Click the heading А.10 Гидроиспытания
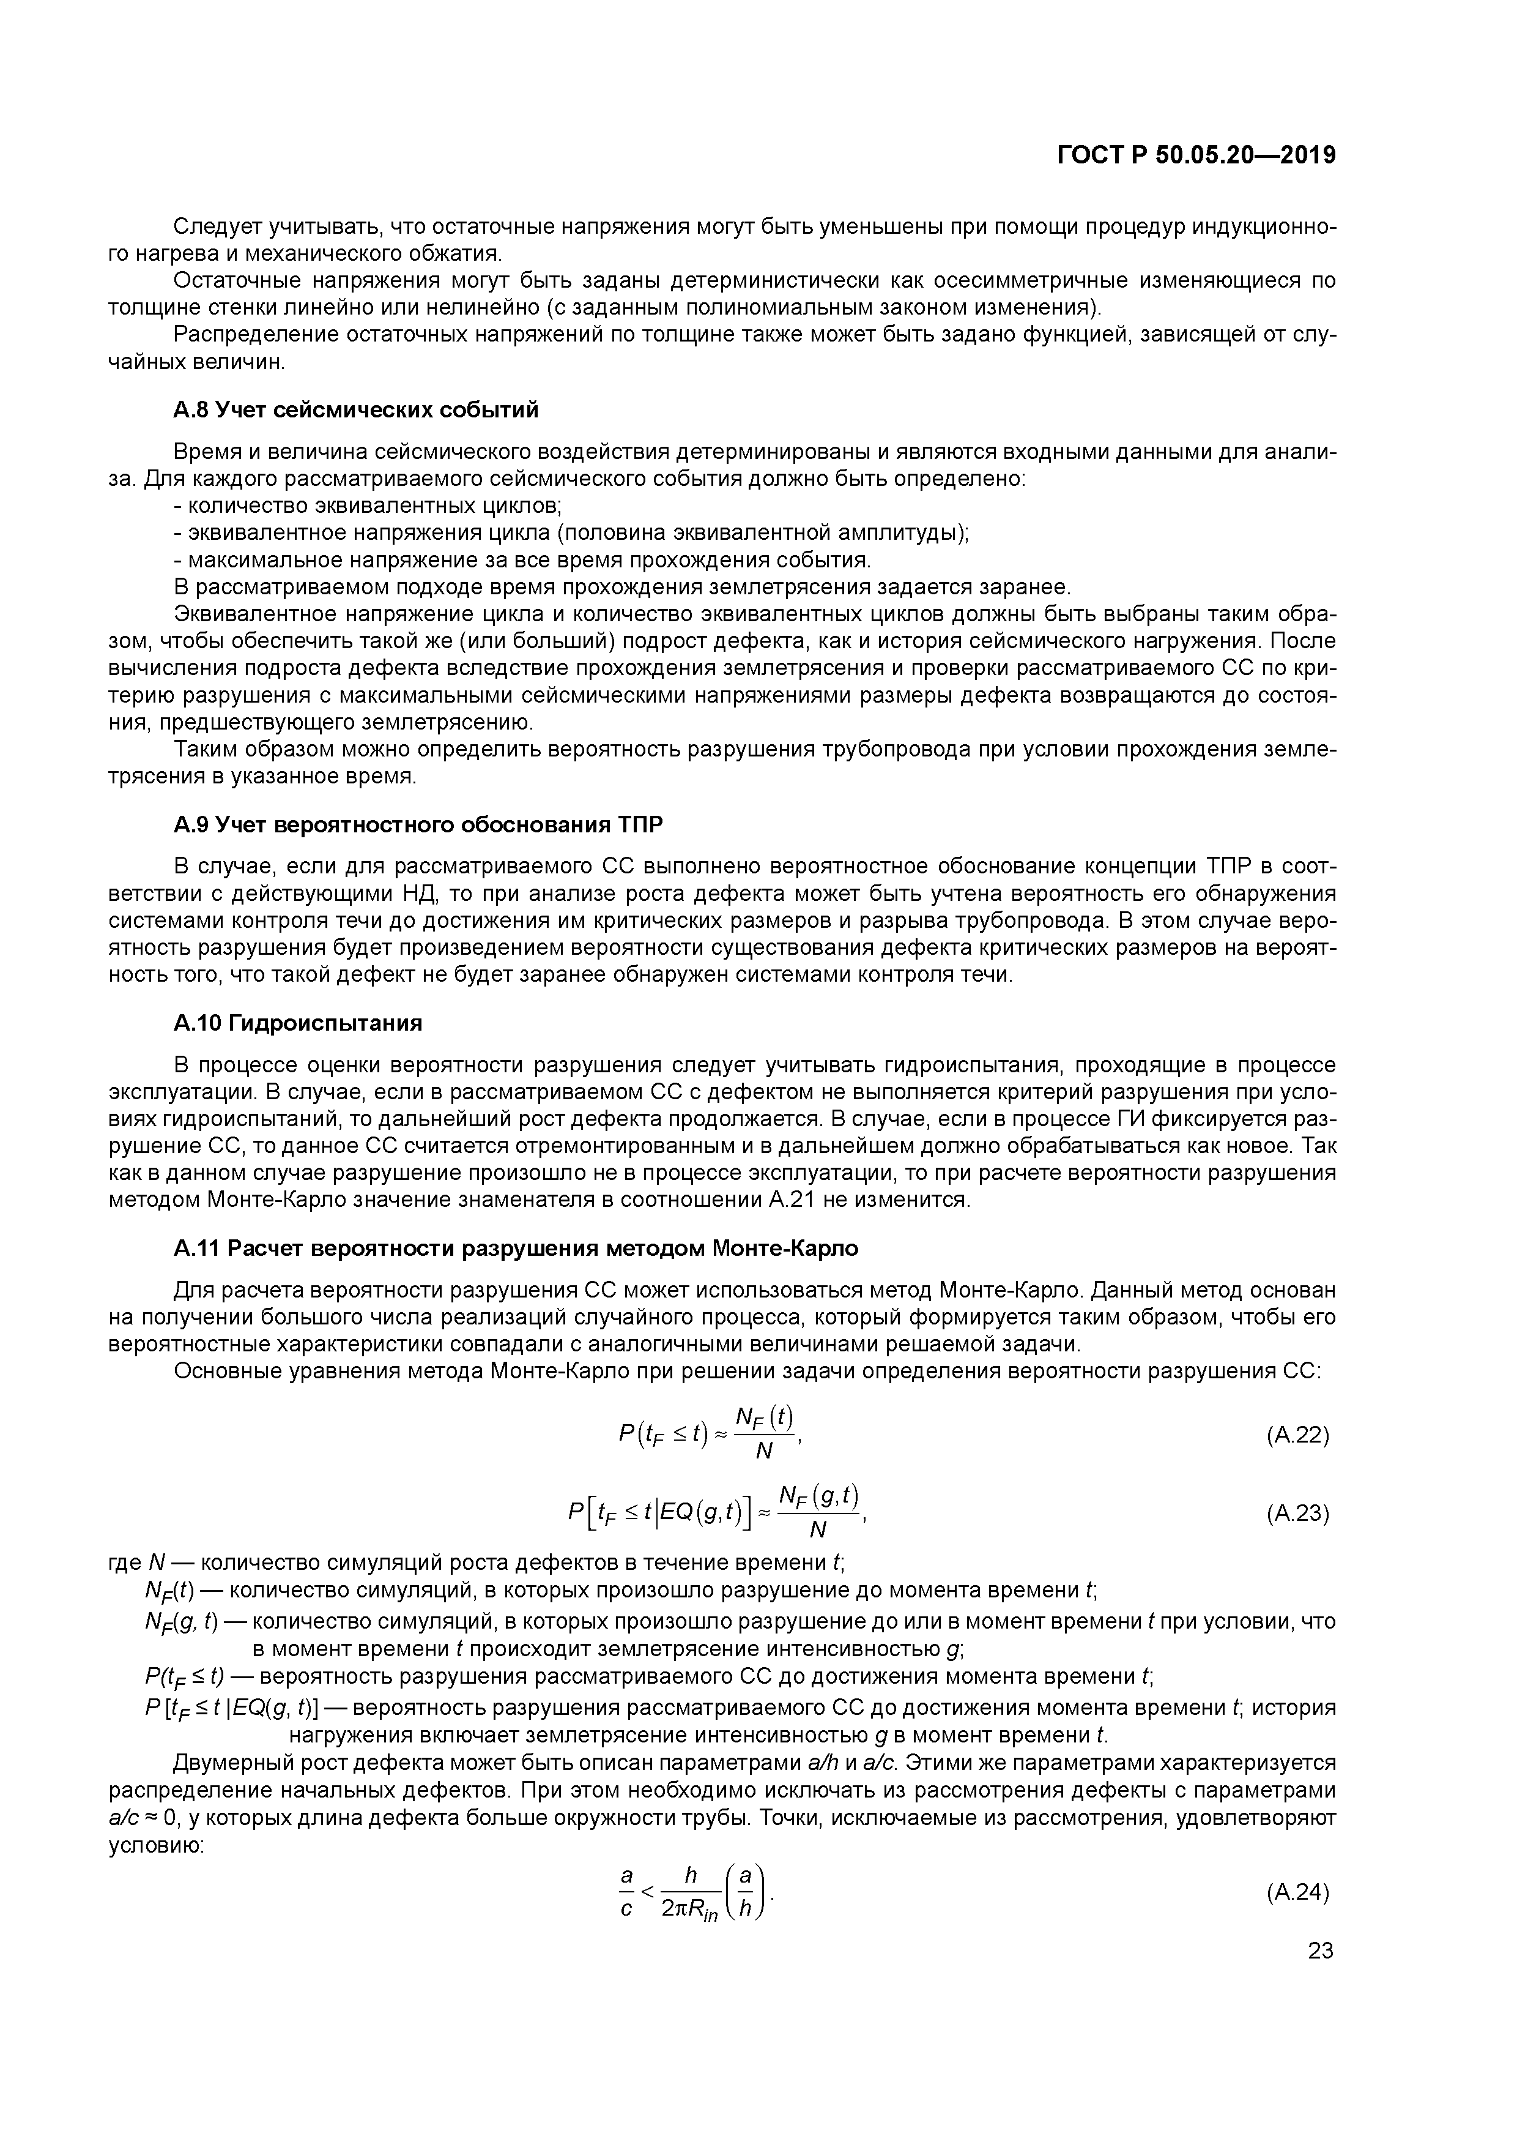tap(297, 1023)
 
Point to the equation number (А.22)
tap(1297, 1435)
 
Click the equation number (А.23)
tap(1297, 1513)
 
